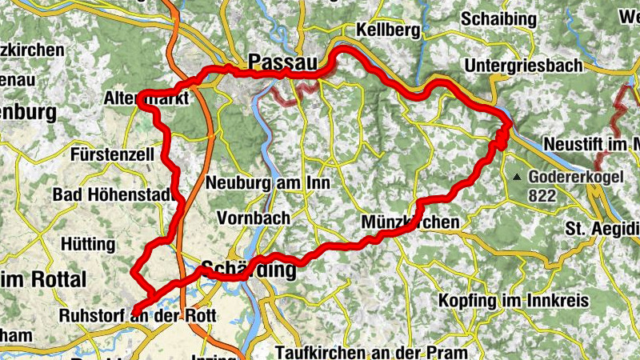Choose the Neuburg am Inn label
tap(268, 182)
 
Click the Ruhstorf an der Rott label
tap(138, 315)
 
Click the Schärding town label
tap(249, 270)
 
